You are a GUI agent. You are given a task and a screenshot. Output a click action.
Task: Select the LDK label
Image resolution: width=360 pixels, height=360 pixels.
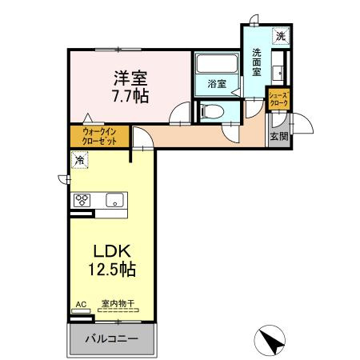(112, 250)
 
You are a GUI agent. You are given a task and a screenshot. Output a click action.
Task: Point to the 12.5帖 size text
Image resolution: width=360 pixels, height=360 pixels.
(112, 270)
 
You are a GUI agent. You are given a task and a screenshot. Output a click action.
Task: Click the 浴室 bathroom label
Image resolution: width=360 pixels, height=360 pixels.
(217, 83)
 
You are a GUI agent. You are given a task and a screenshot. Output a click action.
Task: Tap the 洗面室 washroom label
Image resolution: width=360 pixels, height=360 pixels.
(257, 62)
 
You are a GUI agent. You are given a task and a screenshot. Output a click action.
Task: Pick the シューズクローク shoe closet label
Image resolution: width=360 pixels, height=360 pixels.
(278, 101)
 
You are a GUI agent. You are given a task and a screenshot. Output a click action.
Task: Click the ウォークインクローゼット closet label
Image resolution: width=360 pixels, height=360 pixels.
(100, 136)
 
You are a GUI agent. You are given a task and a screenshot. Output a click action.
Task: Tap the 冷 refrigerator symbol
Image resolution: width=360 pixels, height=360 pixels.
(80, 161)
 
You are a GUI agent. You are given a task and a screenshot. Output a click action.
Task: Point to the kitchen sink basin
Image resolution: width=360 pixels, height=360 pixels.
(113, 200)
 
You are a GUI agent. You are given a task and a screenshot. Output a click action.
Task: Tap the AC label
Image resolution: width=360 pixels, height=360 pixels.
(79, 304)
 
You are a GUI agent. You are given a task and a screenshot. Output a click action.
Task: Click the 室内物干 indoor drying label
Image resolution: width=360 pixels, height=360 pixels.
(117, 304)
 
